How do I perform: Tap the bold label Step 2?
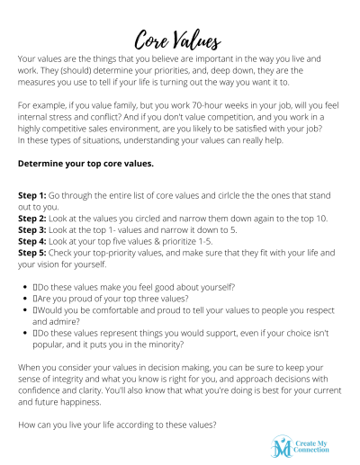point(34,218)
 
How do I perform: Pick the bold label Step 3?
point(34,229)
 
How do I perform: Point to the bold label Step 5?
point(34,253)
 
